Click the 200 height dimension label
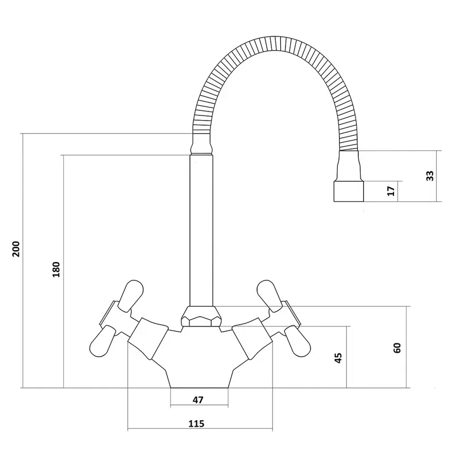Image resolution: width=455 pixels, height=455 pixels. click(16, 249)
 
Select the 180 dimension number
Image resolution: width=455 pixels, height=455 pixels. click(56, 269)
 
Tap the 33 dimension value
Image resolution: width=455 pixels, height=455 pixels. click(430, 176)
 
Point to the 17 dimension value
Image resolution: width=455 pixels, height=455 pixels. click(391, 191)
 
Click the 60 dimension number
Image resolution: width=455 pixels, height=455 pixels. click(397, 348)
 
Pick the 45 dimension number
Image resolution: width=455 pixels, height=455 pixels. click(338, 358)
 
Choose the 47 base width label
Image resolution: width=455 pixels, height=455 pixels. click(198, 400)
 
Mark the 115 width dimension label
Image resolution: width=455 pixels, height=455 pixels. click(196, 424)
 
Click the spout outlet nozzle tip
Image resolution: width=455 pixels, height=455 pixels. click(349, 191)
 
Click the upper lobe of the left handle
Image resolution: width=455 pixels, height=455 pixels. click(131, 296)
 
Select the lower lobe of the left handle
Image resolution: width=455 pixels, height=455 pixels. click(103, 341)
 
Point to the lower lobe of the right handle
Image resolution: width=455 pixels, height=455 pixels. click(297, 341)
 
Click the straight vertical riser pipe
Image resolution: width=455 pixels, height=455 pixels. click(201, 230)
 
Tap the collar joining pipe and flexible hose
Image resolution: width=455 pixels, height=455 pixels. click(201, 144)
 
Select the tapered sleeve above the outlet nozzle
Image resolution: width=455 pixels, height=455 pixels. click(349, 166)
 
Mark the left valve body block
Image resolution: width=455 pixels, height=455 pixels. click(148, 338)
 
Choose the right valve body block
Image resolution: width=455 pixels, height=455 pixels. click(252, 338)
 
